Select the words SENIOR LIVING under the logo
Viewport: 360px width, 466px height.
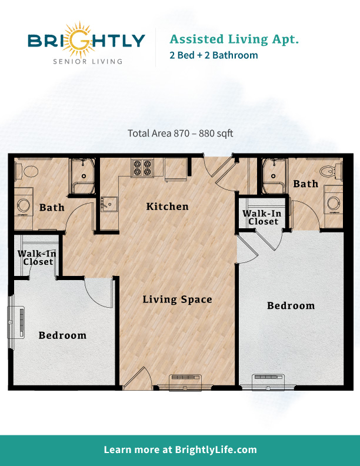pyautogui.click(x=86, y=61)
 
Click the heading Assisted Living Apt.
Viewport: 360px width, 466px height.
pyautogui.click(x=234, y=39)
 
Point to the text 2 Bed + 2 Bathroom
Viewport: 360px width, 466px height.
pyautogui.click(x=214, y=55)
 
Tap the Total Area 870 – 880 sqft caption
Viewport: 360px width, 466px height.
pyautogui.click(x=180, y=133)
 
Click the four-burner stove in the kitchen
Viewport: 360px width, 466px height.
pyautogui.click(x=141, y=168)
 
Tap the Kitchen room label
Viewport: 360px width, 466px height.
pyautogui.click(x=167, y=207)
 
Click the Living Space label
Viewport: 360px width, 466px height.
pyautogui.click(x=177, y=299)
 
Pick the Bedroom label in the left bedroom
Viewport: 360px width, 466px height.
pyautogui.click(x=62, y=335)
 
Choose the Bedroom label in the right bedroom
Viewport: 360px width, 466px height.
pyautogui.click(x=291, y=306)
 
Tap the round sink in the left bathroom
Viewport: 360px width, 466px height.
pyautogui.click(x=24, y=206)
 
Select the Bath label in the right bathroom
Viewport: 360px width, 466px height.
pyautogui.click(x=305, y=184)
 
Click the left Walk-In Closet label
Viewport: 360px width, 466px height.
pyautogui.click(x=36, y=258)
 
